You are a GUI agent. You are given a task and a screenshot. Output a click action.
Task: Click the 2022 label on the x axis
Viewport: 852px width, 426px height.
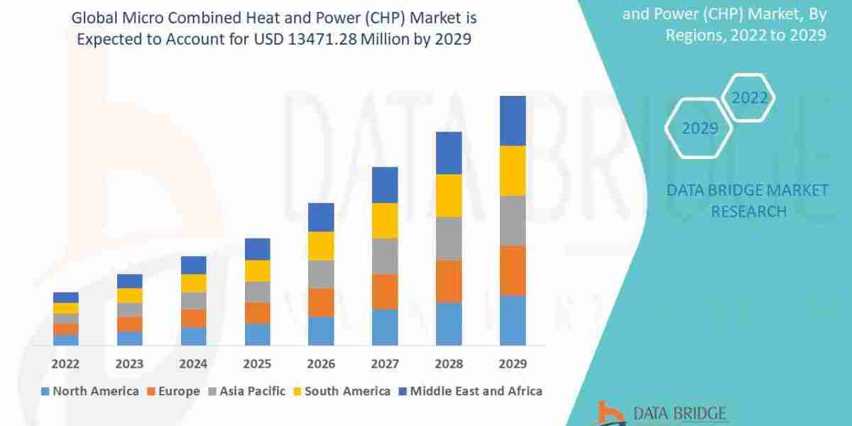coord(65,364)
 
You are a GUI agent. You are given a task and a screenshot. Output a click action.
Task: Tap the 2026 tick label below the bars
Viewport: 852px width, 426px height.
coord(321,364)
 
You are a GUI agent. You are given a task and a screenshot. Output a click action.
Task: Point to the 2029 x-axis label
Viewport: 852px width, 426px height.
coord(513,364)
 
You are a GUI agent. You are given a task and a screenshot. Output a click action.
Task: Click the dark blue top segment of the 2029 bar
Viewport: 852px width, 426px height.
coord(513,121)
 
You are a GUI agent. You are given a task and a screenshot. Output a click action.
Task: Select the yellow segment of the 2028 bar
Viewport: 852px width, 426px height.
coord(449,195)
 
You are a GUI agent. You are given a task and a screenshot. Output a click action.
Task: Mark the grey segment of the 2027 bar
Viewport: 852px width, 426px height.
coord(385,256)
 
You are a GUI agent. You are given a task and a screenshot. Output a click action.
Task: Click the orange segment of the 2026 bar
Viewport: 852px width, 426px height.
coord(321,302)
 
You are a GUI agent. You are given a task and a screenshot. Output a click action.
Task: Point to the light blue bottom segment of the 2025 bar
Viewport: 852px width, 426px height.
coord(257,334)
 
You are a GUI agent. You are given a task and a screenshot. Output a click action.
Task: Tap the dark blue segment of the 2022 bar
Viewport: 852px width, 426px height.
coord(65,297)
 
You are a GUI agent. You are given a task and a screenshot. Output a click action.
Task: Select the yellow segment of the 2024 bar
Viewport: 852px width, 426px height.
coord(193,283)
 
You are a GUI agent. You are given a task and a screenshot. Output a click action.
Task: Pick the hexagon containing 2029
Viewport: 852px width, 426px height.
coord(699,129)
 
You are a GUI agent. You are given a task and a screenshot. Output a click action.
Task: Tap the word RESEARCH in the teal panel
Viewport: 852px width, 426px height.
coord(748,211)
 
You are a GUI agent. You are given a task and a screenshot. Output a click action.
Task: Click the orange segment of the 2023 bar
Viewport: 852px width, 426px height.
coord(129,324)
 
